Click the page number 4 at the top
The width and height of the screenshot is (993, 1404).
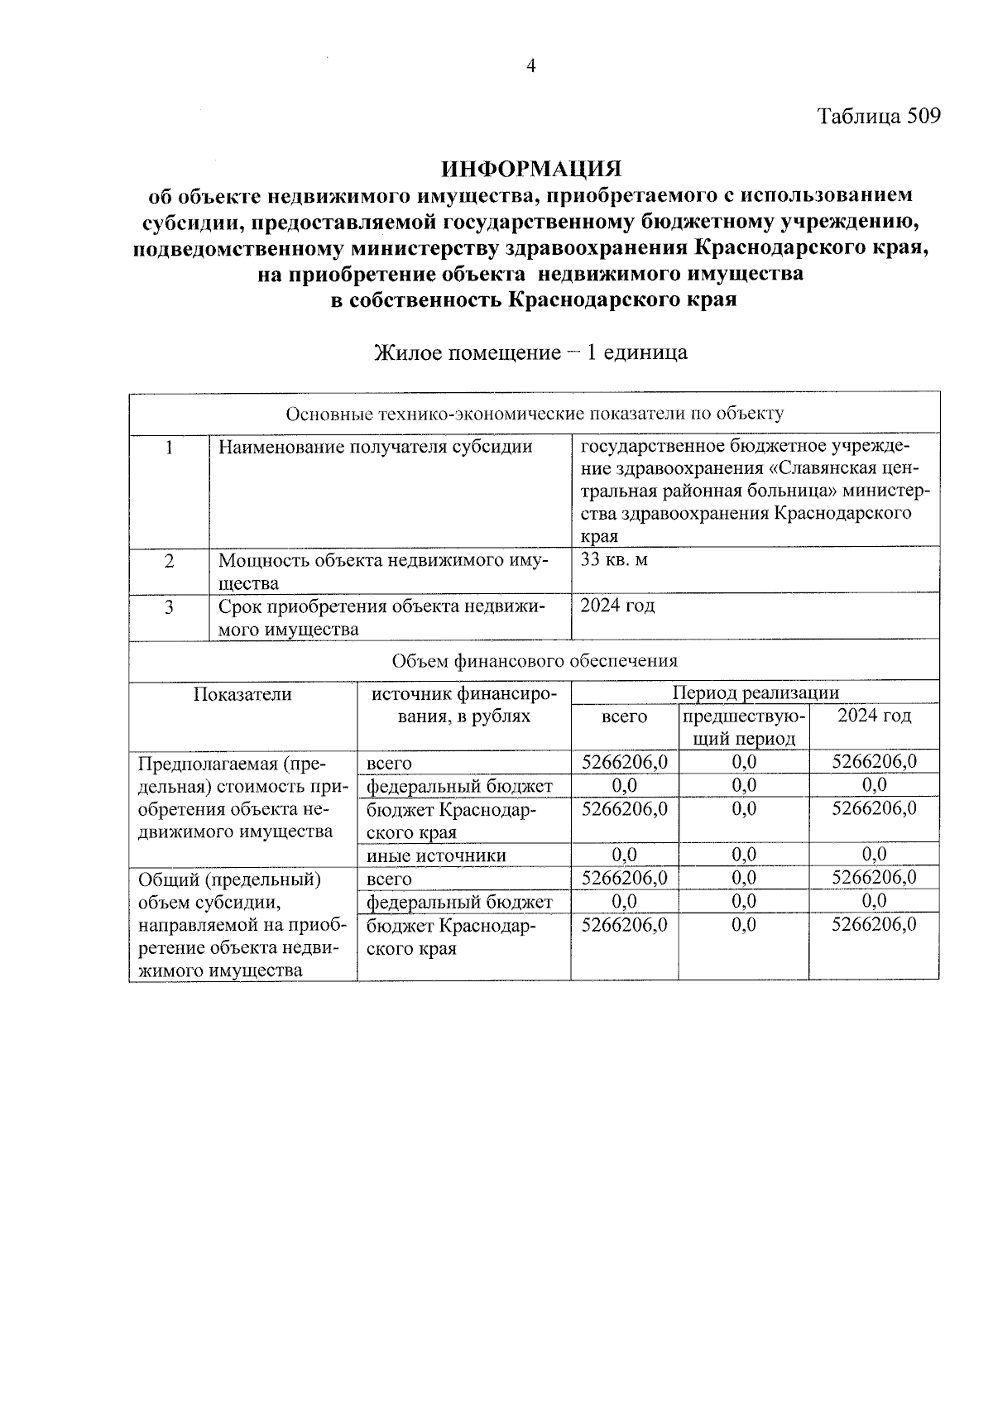(x=531, y=66)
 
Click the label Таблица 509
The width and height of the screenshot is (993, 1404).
(x=879, y=116)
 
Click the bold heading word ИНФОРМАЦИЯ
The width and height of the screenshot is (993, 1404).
(x=531, y=169)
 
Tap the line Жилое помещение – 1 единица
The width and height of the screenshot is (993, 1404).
(x=531, y=353)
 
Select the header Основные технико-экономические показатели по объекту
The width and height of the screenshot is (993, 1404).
(x=535, y=413)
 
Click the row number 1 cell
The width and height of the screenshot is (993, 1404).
(x=169, y=448)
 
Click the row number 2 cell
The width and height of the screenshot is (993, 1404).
(x=169, y=561)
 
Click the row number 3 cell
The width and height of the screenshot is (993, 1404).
(x=169, y=607)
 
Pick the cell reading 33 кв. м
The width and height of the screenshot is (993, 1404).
(x=614, y=560)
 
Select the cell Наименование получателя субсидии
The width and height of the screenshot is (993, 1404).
(x=375, y=448)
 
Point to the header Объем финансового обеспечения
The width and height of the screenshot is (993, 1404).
(x=535, y=661)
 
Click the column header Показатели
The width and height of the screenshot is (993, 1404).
(x=242, y=694)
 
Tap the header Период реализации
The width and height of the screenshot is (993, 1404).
(x=755, y=692)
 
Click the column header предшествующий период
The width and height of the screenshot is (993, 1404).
(x=744, y=726)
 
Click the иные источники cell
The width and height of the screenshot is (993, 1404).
(x=436, y=855)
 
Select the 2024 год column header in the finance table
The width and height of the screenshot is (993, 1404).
(x=874, y=716)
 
